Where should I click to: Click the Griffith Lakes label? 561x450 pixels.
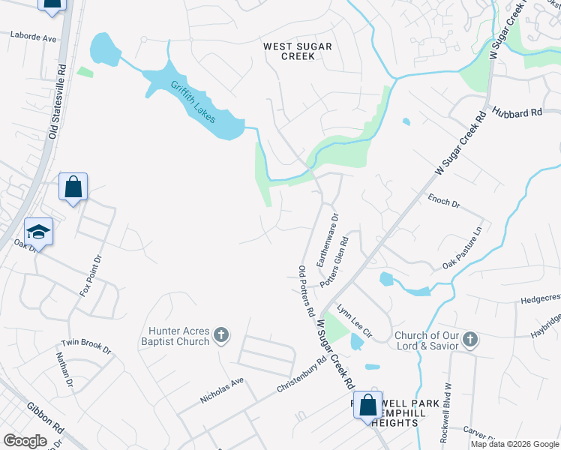click(x=193, y=102)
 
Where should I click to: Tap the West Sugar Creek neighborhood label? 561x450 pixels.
click(x=298, y=51)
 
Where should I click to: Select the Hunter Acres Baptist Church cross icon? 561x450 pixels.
click(x=221, y=334)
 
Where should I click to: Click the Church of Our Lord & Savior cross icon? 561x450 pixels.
click(x=469, y=340)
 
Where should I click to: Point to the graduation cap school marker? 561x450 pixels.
click(x=38, y=231)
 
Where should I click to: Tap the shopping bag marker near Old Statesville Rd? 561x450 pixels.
click(x=73, y=186)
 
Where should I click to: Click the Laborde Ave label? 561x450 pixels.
click(x=33, y=36)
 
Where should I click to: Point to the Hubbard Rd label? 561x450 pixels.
click(x=517, y=114)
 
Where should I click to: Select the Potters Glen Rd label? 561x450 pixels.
click(x=334, y=262)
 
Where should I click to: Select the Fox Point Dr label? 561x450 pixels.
click(x=90, y=275)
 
